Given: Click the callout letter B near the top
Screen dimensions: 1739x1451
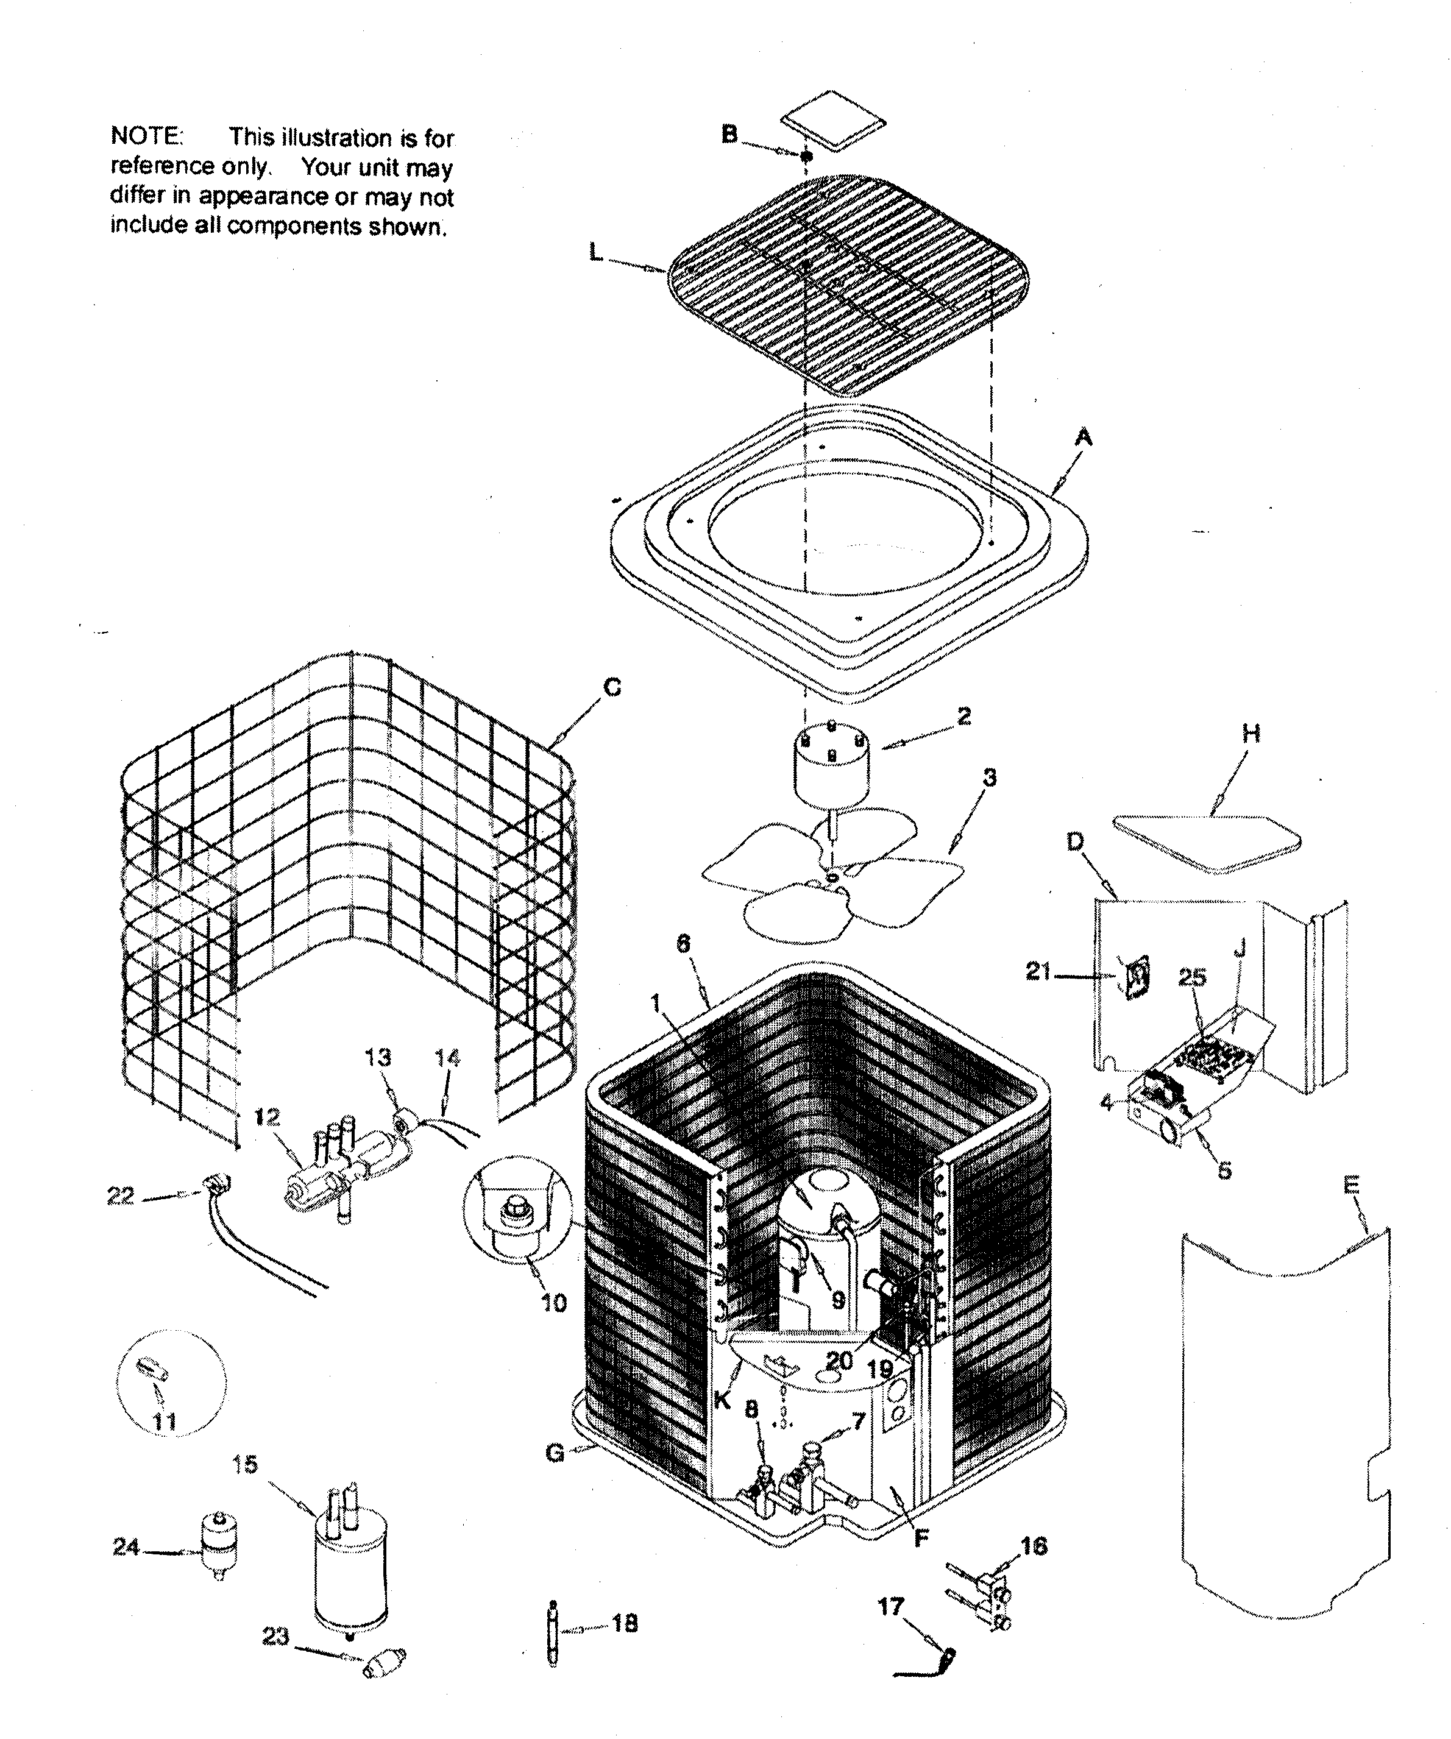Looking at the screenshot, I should [x=729, y=134].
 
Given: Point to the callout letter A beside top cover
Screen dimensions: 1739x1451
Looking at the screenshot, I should [x=1082, y=437].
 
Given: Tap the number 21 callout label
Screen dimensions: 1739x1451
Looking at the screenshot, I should [x=1038, y=971].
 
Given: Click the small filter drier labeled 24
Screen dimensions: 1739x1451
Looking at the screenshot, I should [x=219, y=1547].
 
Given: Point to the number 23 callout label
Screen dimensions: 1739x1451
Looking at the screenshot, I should [x=276, y=1636].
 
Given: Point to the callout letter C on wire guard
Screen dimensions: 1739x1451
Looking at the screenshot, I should [x=612, y=687].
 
